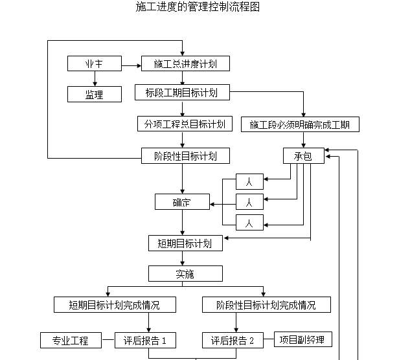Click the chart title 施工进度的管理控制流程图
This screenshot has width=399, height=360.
[199, 7]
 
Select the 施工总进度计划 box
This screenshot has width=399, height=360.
[185, 64]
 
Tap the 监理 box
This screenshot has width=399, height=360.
[95, 95]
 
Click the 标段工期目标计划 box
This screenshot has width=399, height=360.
[182, 93]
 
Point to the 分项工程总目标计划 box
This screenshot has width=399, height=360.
[185, 124]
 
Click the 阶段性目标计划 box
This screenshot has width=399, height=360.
[185, 155]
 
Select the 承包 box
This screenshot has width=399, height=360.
[303, 156]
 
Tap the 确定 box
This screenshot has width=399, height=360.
[182, 202]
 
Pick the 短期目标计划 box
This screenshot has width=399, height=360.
[185, 243]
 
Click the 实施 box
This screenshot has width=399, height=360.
[185, 274]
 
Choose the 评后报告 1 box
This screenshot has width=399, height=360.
[146, 340]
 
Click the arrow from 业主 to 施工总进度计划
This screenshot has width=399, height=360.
[131, 64]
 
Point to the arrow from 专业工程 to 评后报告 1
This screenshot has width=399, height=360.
[110, 340]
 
